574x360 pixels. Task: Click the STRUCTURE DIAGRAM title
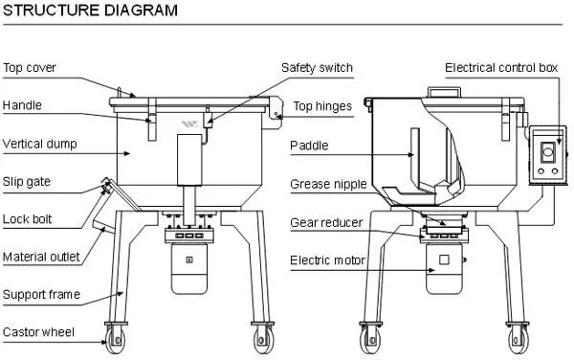(89, 11)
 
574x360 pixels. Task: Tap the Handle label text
(22, 105)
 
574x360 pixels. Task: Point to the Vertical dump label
(39, 145)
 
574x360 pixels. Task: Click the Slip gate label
(26, 181)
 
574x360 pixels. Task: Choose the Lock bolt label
(27, 218)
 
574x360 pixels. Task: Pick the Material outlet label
(40, 257)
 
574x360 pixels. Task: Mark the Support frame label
(40, 294)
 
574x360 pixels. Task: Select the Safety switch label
(317, 68)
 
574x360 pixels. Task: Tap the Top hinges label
(322, 106)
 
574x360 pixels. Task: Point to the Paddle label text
(310, 146)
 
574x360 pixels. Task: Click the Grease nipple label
(325, 184)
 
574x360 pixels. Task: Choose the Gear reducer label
(326, 222)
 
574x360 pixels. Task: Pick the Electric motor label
(326, 259)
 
